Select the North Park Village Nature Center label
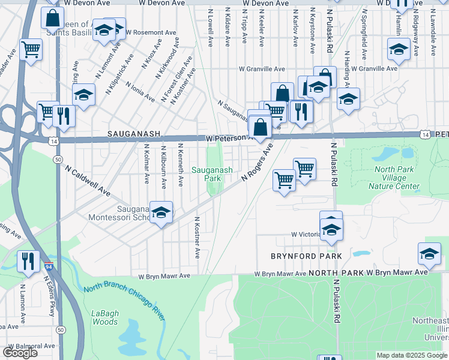393,178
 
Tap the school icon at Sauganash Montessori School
160,213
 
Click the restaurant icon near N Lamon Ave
28,261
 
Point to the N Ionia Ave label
140,88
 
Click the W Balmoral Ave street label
29,346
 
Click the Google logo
20,352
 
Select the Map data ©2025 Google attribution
411,355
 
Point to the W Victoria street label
306,234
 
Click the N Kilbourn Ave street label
163,164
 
